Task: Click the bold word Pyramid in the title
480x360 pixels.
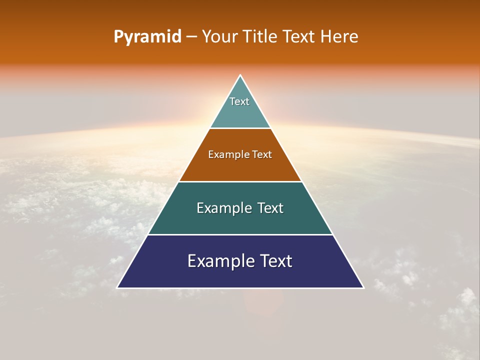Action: coord(147,37)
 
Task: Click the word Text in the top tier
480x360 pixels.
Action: coord(239,101)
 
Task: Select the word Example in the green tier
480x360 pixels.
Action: coord(222,208)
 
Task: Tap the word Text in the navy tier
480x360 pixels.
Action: coord(275,261)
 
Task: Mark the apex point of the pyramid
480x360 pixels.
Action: coord(240,75)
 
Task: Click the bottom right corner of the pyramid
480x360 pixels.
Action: coord(363,287)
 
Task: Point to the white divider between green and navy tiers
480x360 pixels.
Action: coord(240,234)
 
